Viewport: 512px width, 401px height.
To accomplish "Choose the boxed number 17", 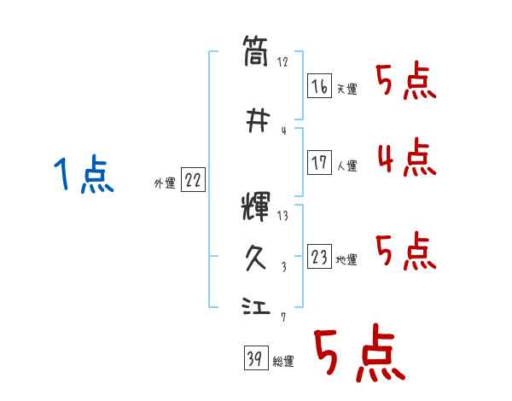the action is coord(320,163).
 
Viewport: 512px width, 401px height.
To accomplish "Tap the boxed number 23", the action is coord(320,257).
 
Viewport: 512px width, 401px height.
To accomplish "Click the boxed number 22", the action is coord(193,180).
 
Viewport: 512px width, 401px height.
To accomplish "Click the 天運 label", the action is coord(346,90).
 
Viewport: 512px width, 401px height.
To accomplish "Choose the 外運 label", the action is coord(164,183).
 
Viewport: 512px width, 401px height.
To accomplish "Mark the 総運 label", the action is coord(282,362).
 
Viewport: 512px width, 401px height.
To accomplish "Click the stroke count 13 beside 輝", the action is coord(282,216).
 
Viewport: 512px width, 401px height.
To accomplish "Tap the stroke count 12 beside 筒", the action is coord(282,62).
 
